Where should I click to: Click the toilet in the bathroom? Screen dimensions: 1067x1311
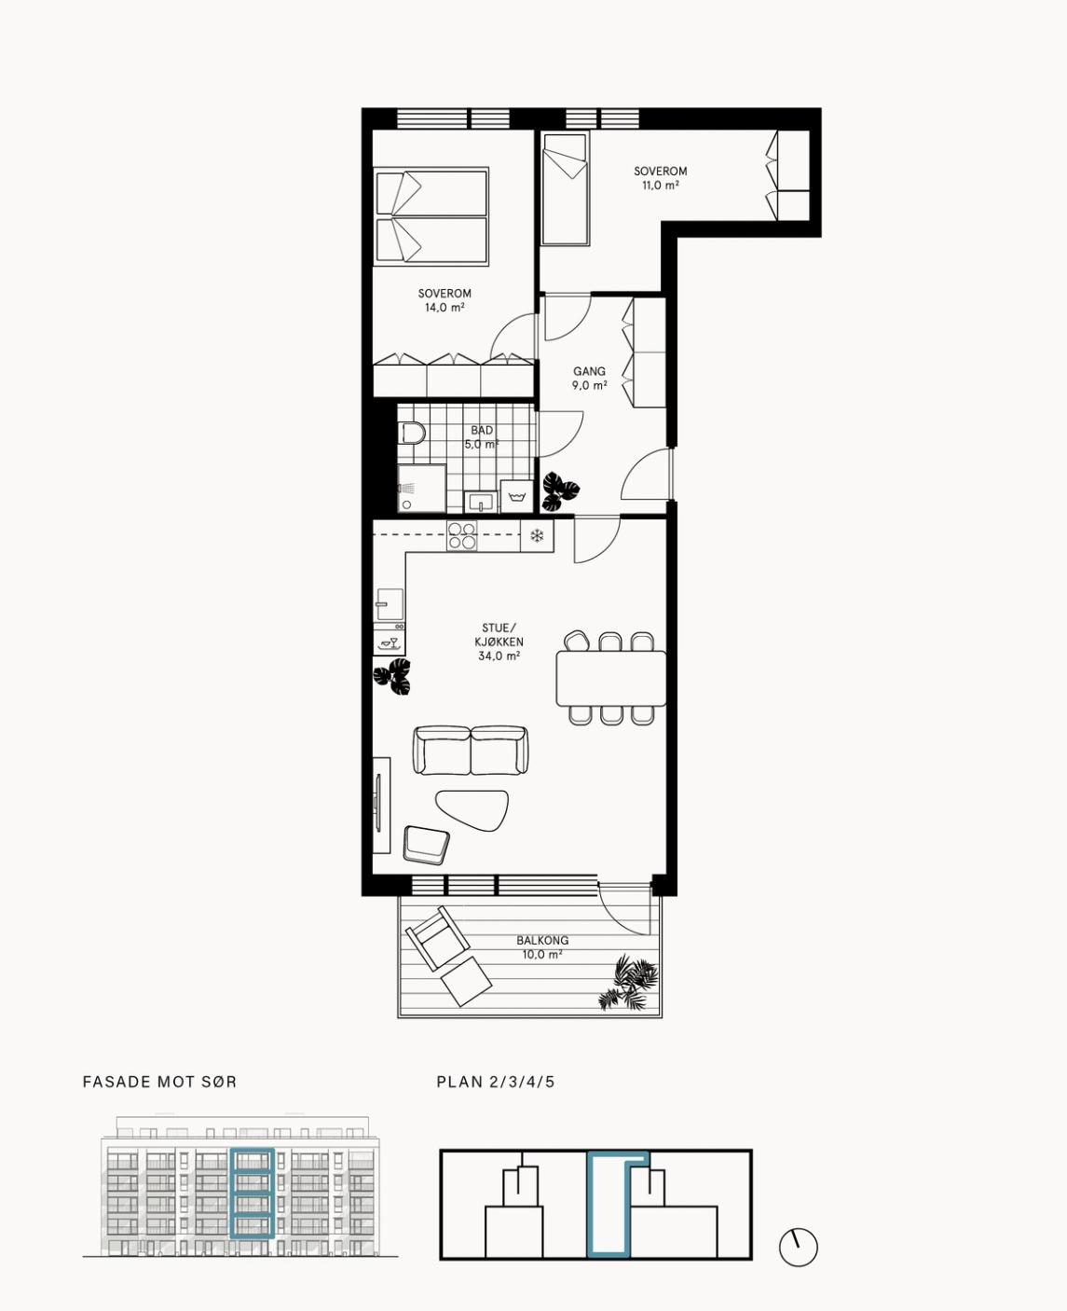click(x=411, y=433)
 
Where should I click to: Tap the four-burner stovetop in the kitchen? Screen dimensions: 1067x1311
click(x=462, y=535)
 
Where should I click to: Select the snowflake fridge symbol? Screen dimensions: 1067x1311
click(x=537, y=535)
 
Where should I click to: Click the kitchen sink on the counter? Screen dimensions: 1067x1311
click(x=390, y=604)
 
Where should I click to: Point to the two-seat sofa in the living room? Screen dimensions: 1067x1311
click(x=472, y=750)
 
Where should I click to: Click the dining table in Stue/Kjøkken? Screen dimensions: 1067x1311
click(x=610, y=678)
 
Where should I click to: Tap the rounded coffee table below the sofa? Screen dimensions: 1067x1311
click(x=472, y=809)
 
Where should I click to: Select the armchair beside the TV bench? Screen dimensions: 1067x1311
click(x=426, y=843)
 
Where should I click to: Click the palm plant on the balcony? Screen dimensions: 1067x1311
click(x=628, y=983)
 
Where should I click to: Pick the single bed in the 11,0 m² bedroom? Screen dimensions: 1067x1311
click(x=565, y=190)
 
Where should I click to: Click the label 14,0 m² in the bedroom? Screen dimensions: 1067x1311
click(x=444, y=308)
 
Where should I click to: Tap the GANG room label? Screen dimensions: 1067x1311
click(x=589, y=371)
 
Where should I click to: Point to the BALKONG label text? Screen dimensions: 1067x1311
click(x=542, y=941)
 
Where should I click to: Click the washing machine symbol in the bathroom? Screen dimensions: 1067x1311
click(x=517, y=496)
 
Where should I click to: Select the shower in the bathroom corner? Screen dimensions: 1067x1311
click(x=422, y=489)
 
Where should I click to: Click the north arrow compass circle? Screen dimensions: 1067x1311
click(x=799, y=1249)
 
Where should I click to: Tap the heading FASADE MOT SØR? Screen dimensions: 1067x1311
click(x=160, y=1082)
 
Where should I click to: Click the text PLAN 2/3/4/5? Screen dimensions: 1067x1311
click(x=496, y=1082)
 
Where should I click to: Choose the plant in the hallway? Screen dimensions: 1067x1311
click(x=560, y=491)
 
